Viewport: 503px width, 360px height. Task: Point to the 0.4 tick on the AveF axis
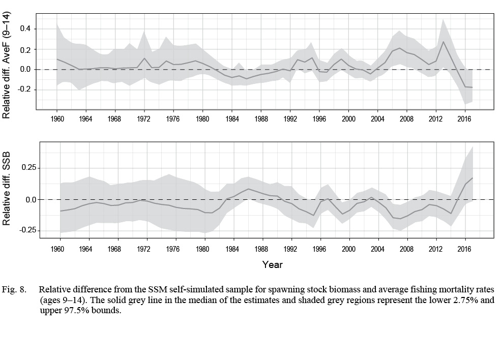point(26,29)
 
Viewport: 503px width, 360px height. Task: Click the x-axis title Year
point(272,264)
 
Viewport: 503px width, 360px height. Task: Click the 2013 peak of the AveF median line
point(443,42)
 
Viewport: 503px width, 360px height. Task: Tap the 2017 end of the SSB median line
point(472,178)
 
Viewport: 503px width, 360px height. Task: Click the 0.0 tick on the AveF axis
point(26,70)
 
